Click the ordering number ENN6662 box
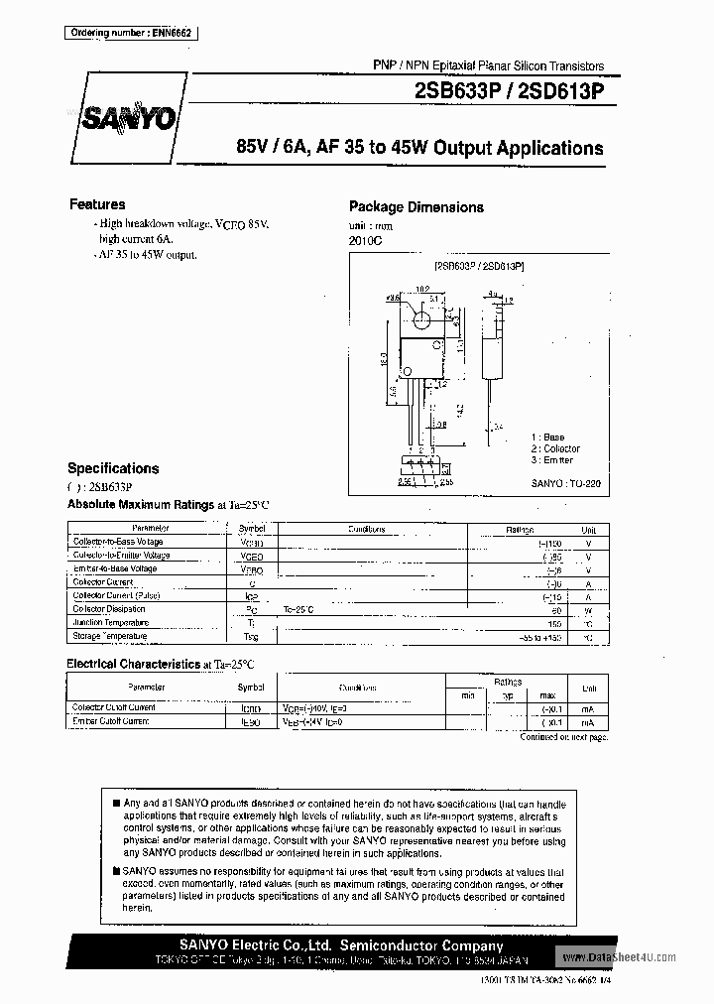[x=130, y=33]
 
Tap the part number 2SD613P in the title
[x=561, y=89]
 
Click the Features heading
[x=97, y=204]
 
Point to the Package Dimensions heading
[x=416, y=206]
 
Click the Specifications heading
[x=113, y=468]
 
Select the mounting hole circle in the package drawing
[x=420, y=319]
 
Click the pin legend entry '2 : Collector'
[x=554, y=448]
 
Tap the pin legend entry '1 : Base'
[x=547, y=438]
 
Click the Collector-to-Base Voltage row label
[x=118, y=543]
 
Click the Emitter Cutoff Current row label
[x=111, y=721]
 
